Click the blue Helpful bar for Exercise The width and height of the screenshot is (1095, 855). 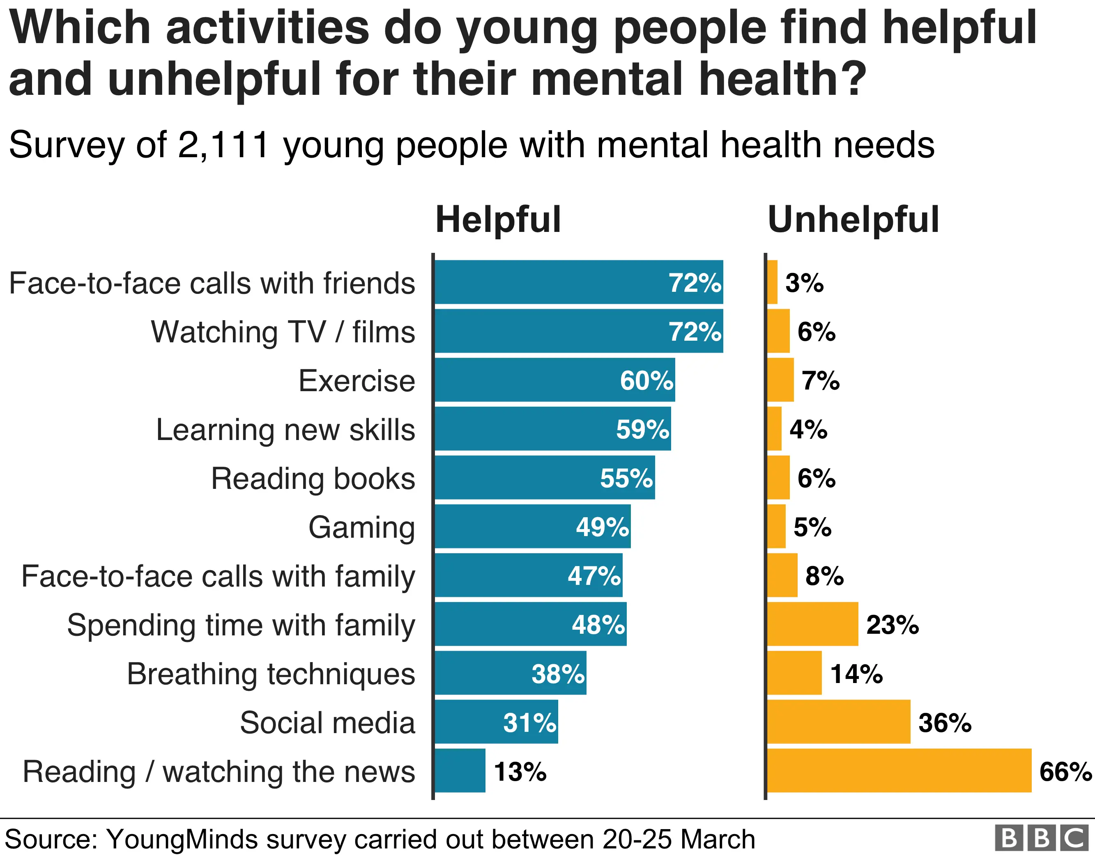[527, 380]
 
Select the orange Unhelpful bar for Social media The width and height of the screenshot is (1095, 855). [838, 722]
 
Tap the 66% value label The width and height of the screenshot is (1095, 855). [1065, 771]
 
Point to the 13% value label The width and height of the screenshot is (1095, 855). [520, 771]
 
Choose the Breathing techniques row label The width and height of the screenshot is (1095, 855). [271, 674]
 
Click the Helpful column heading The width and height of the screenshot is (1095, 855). [498, 220]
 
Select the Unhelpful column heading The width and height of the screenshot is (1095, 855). [853, 220]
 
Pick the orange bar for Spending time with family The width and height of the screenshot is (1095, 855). [812, 624]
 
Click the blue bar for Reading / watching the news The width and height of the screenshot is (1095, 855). [460, 771]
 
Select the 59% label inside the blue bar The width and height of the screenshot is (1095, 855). [642, 429]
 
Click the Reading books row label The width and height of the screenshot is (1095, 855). [313, 478]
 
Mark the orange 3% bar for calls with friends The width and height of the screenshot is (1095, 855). [772, 282]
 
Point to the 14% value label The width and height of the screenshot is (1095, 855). [856, 674]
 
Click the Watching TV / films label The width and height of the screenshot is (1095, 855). [283, 332]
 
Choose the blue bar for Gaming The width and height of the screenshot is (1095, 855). [506, 526]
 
